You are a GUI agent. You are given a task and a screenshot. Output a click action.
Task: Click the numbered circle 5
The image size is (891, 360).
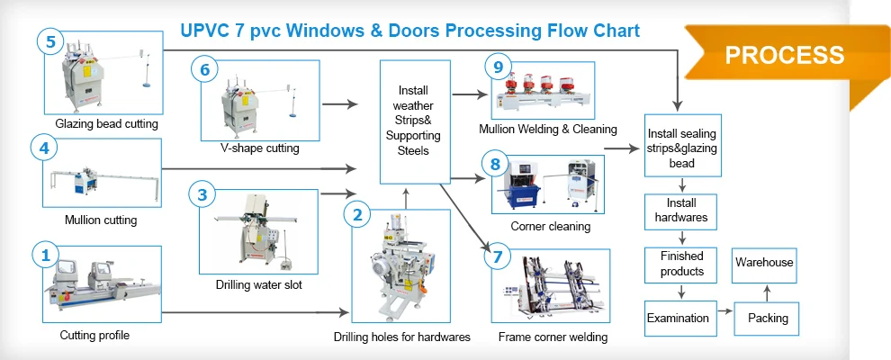pyautogui.click(x=51, y=42)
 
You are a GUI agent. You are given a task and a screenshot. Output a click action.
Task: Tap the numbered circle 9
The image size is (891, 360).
pyautogui.click(x=499, y=67)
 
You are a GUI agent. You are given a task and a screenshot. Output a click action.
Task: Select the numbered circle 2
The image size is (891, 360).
pyautogui.click(x=357, y=215)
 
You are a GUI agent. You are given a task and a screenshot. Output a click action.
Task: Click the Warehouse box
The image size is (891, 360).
pyautogui.click(x=764, y=265)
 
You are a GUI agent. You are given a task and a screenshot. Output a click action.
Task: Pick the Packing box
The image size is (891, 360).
pyautogui.click(x=767, y=318)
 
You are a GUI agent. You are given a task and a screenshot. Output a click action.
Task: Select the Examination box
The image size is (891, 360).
pyautogui.click(x=680, y=318)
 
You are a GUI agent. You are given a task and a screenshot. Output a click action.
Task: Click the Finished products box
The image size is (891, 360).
pyautogui.click(x=680, y=265)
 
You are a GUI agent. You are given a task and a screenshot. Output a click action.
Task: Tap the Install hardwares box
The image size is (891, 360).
pyautogui.click(x=680, y=211)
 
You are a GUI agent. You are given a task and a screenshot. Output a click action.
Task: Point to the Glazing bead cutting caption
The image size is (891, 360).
pyautogui.click(x=107, y=123)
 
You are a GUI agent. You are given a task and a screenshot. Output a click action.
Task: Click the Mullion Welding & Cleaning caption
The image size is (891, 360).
pyautogui.click(x=548, y=129)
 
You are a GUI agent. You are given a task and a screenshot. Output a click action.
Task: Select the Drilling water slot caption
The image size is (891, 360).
pyautogui.click(x=258, y=284)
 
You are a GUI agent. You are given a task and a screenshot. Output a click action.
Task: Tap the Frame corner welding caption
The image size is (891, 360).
pyautogui.click(x=553, y=337)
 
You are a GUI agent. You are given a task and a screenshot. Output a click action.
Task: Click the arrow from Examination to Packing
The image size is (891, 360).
pyautogui.click(x=725, y=311)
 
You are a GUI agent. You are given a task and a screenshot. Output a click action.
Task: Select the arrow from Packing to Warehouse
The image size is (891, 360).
pyautogui.click(x=767, y=293)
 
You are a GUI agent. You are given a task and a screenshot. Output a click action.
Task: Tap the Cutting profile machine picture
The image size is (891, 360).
pyautogui.click(x=103, y=283)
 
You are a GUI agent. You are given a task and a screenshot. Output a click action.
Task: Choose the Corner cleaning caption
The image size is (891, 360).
pyautogui.click(x=550, y=227)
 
